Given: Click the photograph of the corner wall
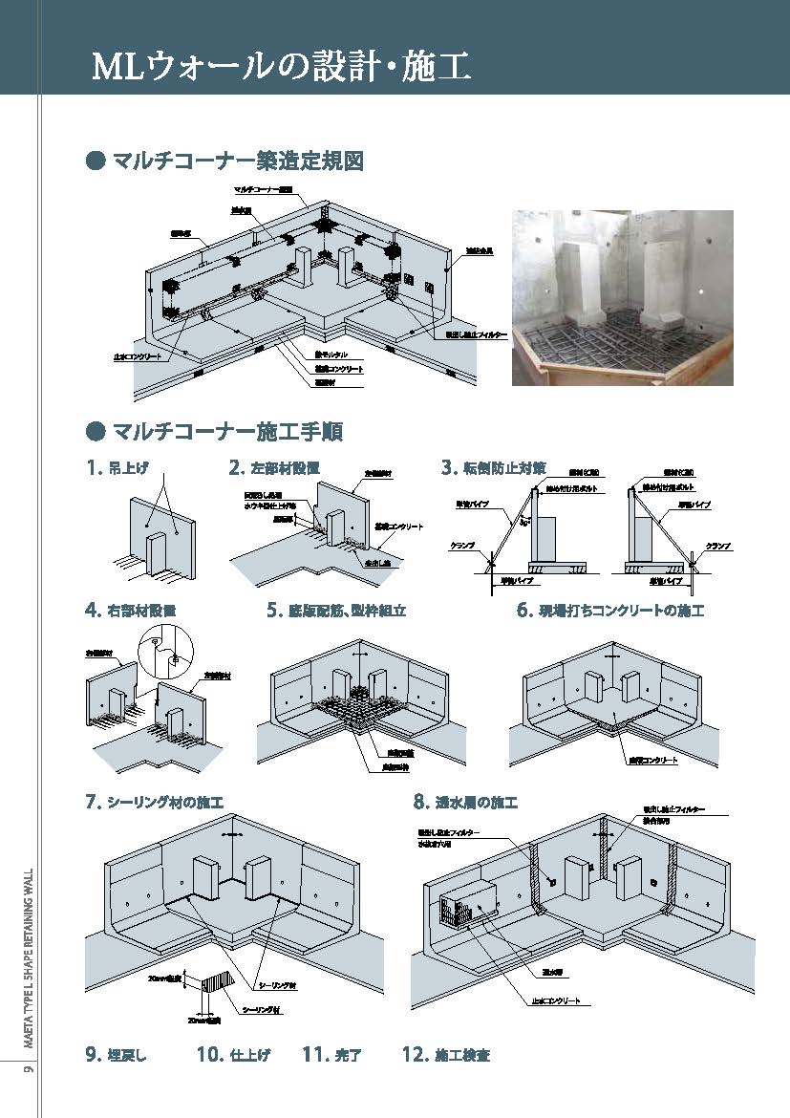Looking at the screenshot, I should point(622,297).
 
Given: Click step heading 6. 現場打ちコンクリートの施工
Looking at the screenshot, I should point(609,610).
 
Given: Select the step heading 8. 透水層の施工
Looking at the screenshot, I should point(465,803).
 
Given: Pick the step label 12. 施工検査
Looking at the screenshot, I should point(446,1055).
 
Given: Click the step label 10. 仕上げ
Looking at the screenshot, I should point(233,1055).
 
